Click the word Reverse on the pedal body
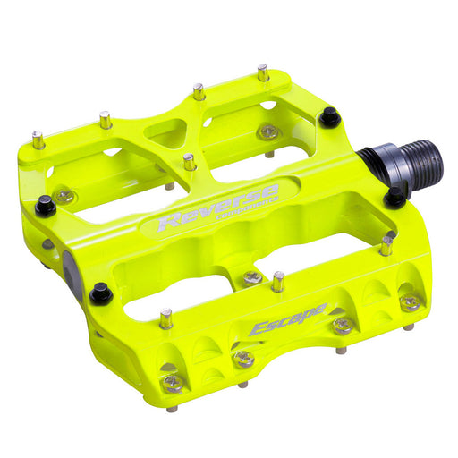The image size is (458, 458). pyautogui.click(x=217, y=204)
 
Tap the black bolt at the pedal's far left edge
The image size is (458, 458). pyautogui.click(x=45, y=207)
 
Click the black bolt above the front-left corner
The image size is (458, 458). pyautogui.click(x=101, y=292)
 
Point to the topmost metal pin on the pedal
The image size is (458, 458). pyautogui.click(x=263, y=72)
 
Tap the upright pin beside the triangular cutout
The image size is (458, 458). pyautogui.click(x=190, y=163)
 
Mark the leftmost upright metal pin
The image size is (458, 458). pyautogui.click(x=38, y=140)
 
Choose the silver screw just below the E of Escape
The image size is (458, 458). pyautogui.click(x=242, y=358)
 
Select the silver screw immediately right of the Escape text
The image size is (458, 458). pyautogui.click(x=341, y=325)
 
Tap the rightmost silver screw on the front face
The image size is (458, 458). pyautogui.click(x=410, y=302)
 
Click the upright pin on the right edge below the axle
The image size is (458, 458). pyautogui.click(x=386, y=243)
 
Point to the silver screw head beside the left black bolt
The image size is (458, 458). pyautogui.click(x=64, y=196)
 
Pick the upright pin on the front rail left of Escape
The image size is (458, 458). pyautogui.click(x=165, y=318)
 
